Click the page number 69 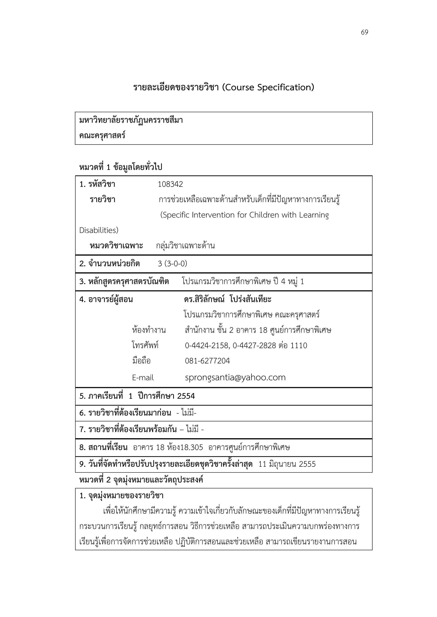[x=364, y=32]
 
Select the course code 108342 [x=170, y=184]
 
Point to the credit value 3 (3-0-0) [x=172, y=264]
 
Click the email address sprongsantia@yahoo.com [x=235, y=378]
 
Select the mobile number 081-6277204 [x=207, y=361]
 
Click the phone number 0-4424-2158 [x=207, y=346]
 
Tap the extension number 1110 [x=299, y=346]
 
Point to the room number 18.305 [x=192, y=447]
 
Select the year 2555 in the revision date [x=307, y=464]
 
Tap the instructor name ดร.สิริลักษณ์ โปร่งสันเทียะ [x=228, y=299]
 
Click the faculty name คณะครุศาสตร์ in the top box [x=102, y=135]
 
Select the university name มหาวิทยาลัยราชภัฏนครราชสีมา [x=131, y=120]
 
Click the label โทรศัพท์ [x=145, y=345]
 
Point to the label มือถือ [x=141, y=361]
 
